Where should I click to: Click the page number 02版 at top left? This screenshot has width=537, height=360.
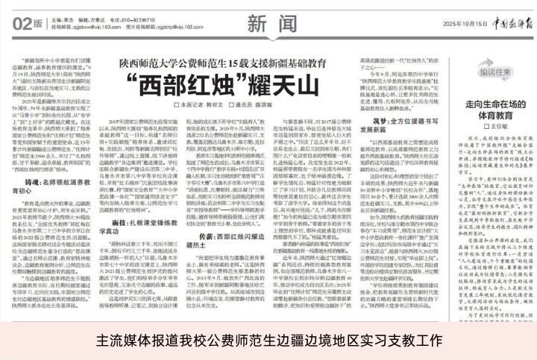(x=28, y=24)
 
